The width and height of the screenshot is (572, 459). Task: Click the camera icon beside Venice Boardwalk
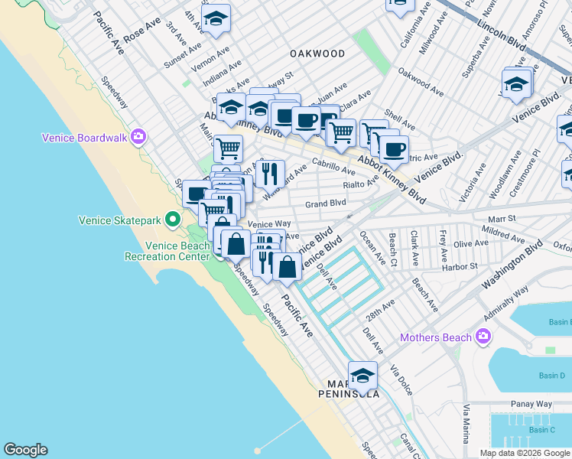coord(138,138)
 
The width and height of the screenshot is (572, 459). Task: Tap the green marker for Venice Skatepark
coord(174,220)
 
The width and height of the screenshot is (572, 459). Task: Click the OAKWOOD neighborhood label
coord(317,54)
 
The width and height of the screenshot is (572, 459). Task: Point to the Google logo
coord(25,450)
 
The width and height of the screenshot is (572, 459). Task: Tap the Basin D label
coord(551,376)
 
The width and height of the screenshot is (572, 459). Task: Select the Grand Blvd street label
coord(326,203)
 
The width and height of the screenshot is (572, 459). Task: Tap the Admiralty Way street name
coord(506,304)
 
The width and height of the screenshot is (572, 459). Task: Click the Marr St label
coord(502,218)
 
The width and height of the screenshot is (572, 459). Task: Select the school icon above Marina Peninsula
coord(362,376)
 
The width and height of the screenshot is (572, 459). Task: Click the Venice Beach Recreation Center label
coord(167,251)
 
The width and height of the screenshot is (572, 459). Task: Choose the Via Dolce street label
coord(401,379)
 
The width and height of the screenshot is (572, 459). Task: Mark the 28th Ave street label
coord(379,309)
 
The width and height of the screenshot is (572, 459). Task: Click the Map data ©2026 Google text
coord(525,452)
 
